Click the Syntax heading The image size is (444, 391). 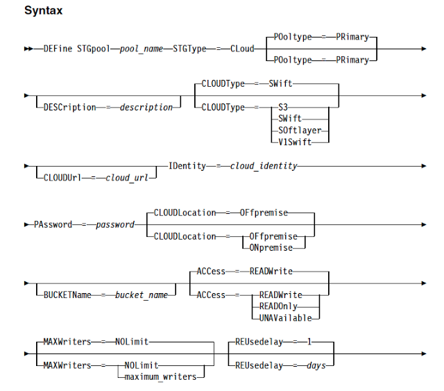point(43,10)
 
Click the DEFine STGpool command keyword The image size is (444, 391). point(77,49)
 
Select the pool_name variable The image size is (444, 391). point(142,49)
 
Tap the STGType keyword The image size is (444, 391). point(189,49)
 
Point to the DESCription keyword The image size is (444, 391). point(69,107)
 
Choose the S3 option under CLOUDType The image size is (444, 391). point(283,107)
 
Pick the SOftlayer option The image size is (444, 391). point(300,130)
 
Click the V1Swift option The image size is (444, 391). point(295,142)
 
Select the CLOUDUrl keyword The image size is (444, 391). point(62,178)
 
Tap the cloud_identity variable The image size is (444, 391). point(264,166)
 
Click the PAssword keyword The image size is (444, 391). point(53,224)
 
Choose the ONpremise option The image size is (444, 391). point(271,248)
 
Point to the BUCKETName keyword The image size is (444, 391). point(67,295)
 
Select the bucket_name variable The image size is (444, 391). point(142,295)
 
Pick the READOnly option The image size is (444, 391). point(278,306)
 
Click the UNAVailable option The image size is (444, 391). point(285,318)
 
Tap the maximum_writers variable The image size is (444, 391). point(160,377)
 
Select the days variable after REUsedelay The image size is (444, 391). point(316,365)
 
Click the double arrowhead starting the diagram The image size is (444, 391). point(28,49)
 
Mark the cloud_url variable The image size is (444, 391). point(126,178)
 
